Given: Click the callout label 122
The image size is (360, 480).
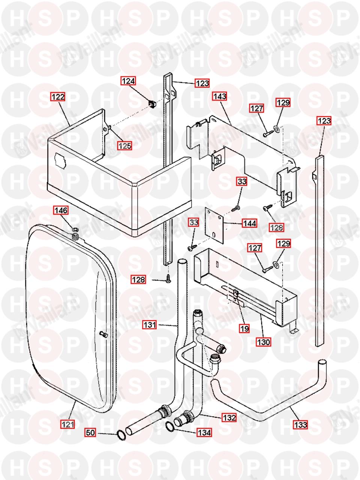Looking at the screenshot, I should [x=58, y=97].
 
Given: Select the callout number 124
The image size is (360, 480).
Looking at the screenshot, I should [x=128, y=81].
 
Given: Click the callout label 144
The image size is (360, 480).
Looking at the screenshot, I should [x=249, y=223].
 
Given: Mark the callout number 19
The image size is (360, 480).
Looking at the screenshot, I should [x=244, y=328].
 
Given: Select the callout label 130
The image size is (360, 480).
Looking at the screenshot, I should [x=264, y=342].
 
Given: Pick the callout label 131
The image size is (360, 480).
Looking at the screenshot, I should [x=149, y=325].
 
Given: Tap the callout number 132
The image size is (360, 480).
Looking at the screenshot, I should [x=229, y=417].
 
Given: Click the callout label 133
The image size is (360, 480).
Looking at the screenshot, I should [x=301, y=425].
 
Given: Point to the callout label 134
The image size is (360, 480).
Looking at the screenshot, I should [x=204, y=432].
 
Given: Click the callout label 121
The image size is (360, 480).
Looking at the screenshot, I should [x=68, y=424].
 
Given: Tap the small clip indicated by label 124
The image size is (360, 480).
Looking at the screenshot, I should [x=152, y=103].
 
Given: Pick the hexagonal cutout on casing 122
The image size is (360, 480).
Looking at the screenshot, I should [x=60, y=160].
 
